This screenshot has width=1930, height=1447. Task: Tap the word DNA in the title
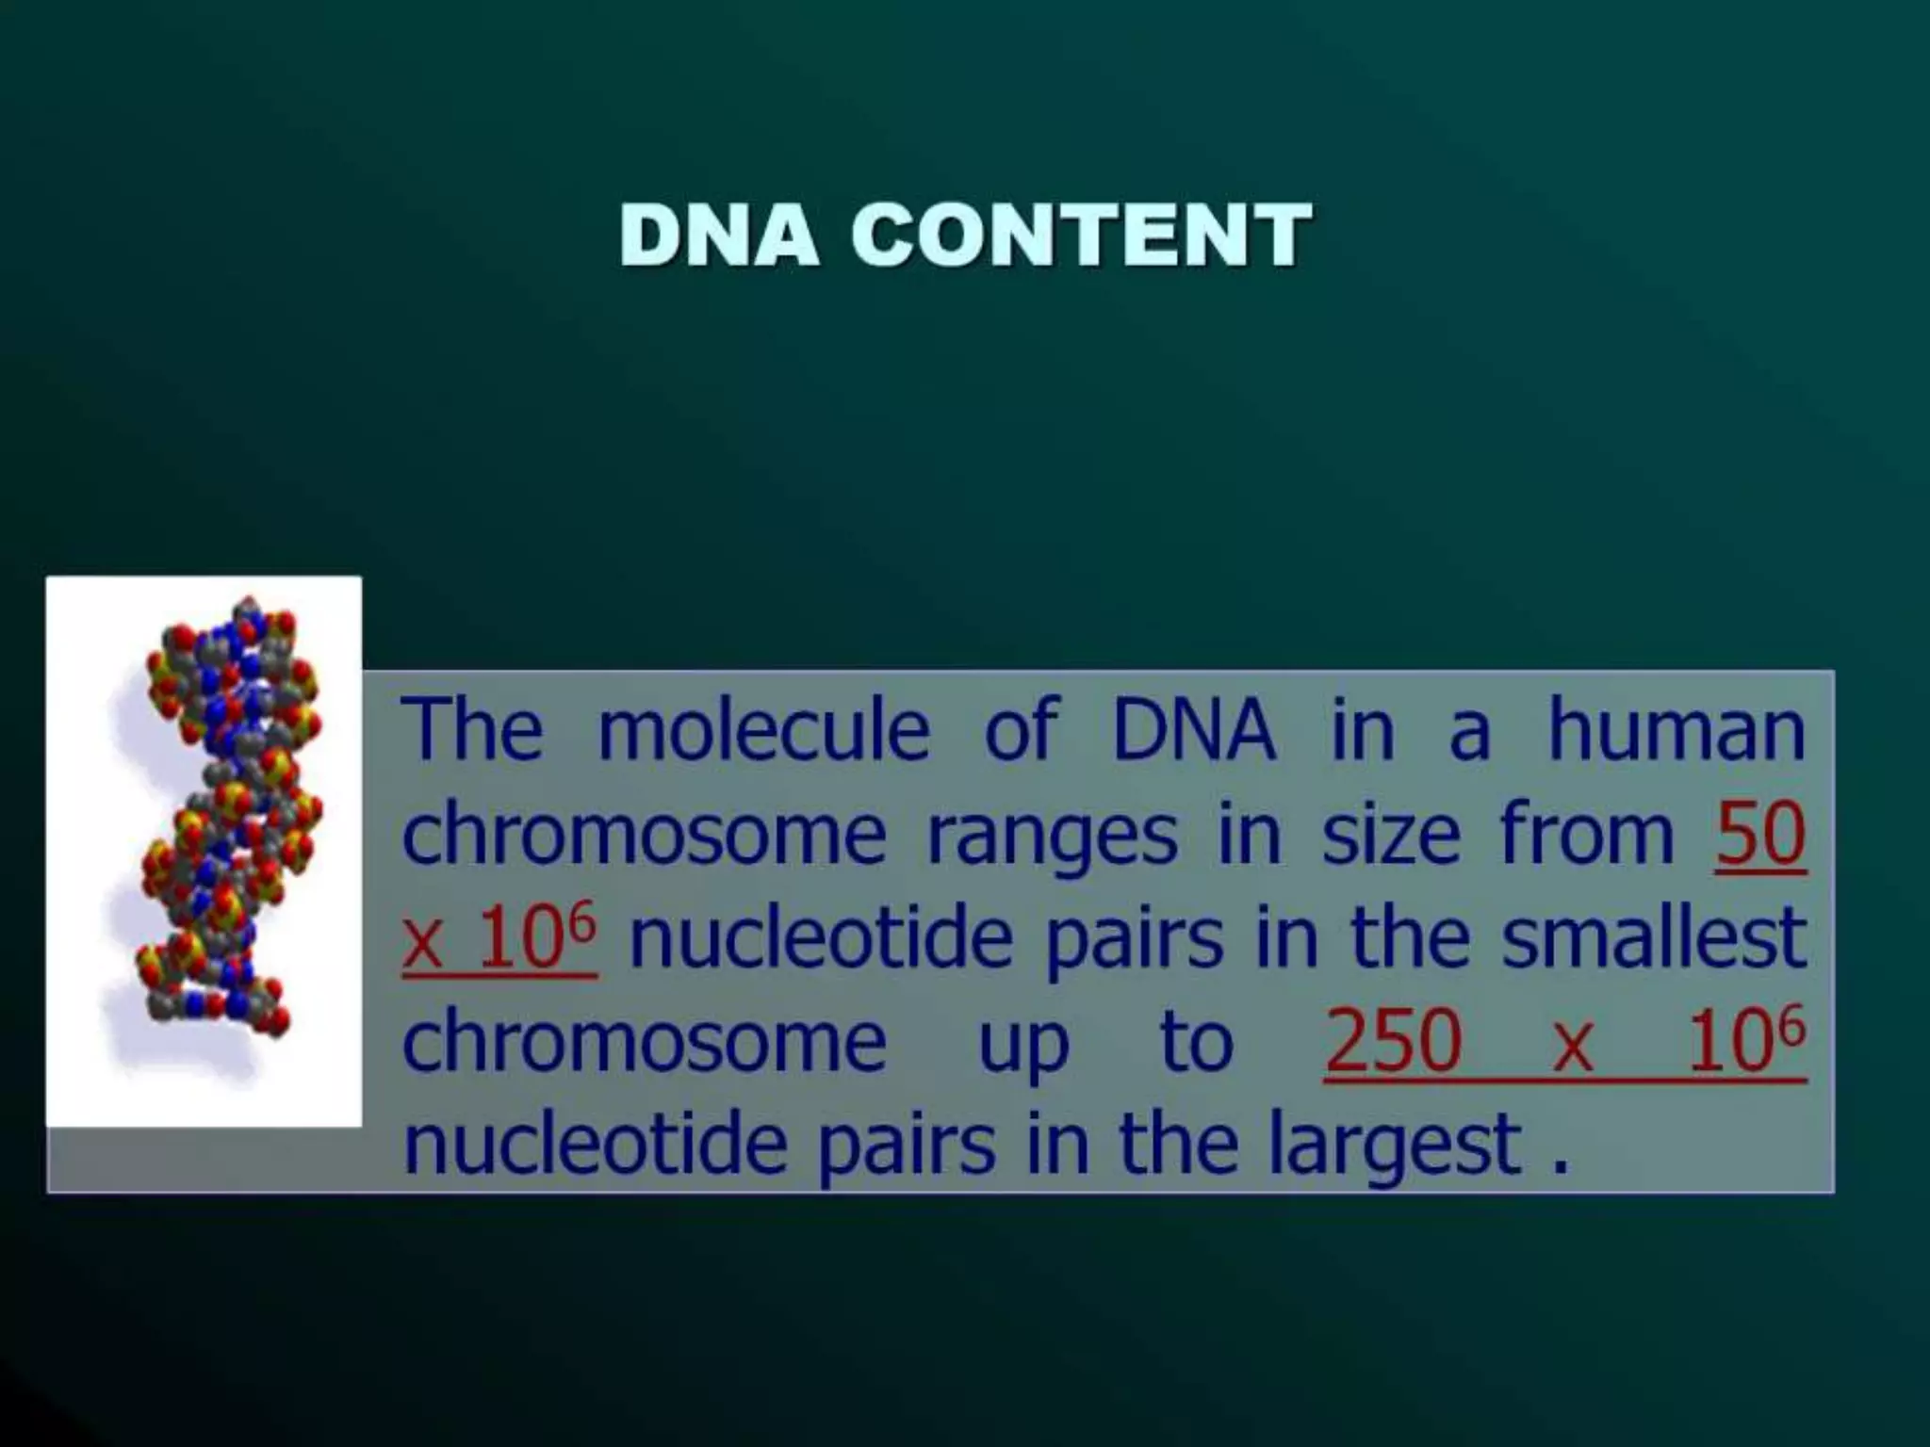[718, 235]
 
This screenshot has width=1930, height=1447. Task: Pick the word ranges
[1052, 836]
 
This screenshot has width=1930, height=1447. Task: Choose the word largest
[1395, 1146]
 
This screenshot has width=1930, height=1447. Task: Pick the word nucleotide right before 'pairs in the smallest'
[820, 939]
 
